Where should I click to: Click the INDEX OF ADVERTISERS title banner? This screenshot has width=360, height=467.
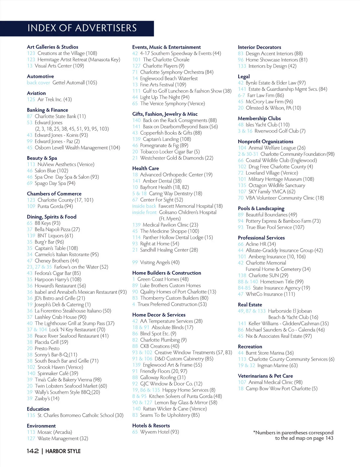click(x=82, y=28)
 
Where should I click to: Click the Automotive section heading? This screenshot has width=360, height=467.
click(x=40, y=76)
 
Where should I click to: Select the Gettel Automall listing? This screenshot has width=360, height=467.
click(x=74, y=82)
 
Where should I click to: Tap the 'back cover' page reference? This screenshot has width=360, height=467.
click(x=38, y=82)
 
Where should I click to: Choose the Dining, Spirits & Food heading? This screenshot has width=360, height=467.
click(x=52, y=217)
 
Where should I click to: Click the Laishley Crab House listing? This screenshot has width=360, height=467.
click(x=60, y=317)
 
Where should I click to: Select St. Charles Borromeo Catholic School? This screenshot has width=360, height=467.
click(x=80, y=415)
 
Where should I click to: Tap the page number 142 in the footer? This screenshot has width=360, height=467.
click(x=33, y=451)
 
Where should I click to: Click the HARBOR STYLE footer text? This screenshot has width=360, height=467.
click(x=63, y=451)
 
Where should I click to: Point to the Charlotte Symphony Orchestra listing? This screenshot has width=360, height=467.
click(x=177, y=72)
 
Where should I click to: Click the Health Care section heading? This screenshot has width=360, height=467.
click(x=145, y=168)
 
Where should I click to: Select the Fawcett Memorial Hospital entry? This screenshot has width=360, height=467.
click(x=190, y=206)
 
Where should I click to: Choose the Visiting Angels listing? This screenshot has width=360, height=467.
click(x=160, y=262)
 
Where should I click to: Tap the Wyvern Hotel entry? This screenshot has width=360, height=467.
click(x=159, y=432)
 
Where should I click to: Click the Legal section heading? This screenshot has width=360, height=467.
click(x=244, y=76)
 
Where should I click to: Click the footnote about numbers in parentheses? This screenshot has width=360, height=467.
click(x=293, y=435)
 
